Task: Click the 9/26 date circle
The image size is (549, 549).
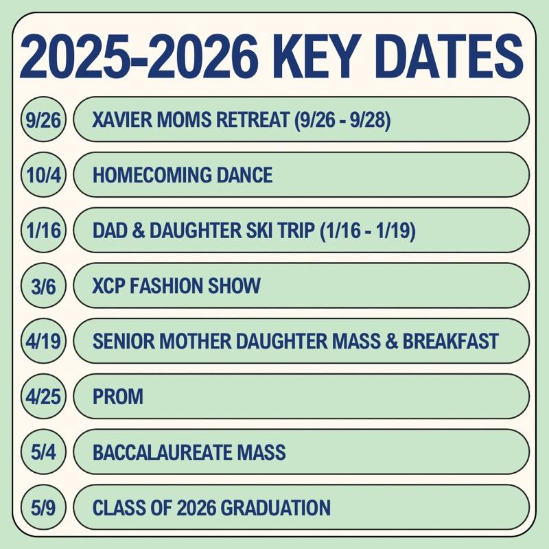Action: pos(43,119)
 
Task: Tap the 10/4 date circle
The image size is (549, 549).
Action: pos(43,175)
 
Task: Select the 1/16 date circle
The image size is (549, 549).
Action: pos(43,230)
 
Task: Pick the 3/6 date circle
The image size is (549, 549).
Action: pos(43,285)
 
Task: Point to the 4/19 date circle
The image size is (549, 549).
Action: pos(43,341)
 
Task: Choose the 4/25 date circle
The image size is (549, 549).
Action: pos(43,397)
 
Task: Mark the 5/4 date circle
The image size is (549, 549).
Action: pos(43,452)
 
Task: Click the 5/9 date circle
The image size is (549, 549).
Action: pos(43,507)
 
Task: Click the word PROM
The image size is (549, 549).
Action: pos(118,397)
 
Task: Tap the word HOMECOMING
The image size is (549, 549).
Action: pos(152,175)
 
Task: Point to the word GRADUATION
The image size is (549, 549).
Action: pos(276,507)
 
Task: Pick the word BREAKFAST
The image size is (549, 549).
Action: pos(451,341)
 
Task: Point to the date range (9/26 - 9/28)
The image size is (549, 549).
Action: pos(342,120)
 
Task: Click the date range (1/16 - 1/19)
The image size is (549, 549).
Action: pos(368,231)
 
